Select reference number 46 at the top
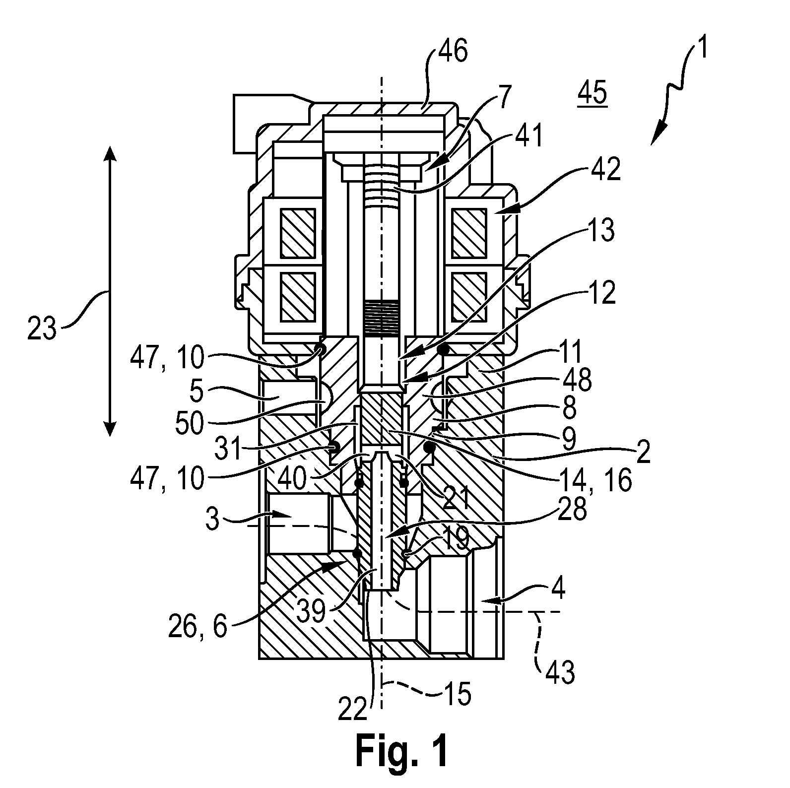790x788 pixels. coord(453,51)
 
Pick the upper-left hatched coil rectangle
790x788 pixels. coord(298,233)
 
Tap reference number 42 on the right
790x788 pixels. coord(606,170)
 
